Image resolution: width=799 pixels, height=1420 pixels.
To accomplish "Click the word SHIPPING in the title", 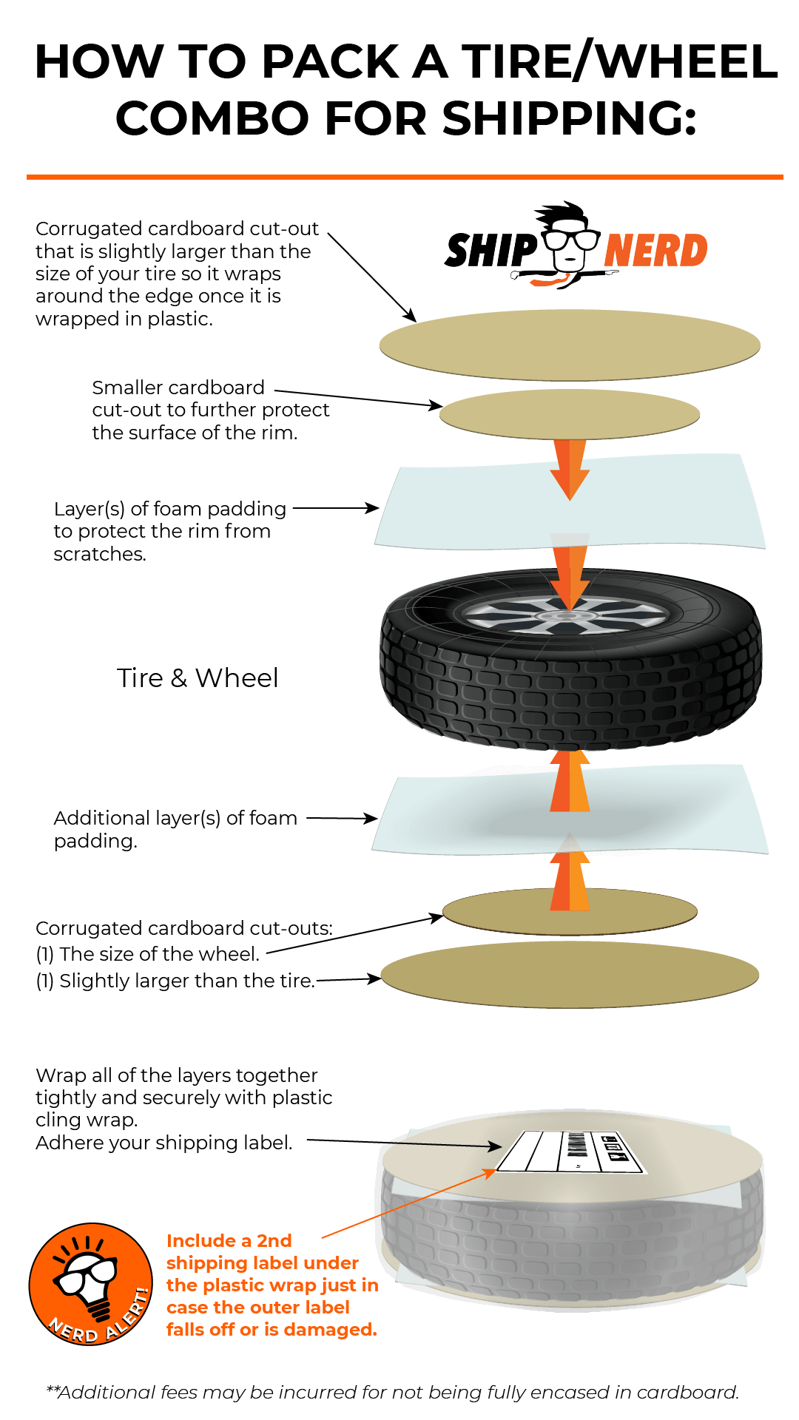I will click(570, 118).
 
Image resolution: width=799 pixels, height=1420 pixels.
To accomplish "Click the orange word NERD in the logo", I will click(655, 250).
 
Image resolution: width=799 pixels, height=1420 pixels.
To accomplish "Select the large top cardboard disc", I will click(570, 345).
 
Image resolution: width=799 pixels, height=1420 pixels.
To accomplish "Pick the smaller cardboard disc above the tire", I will click(570, 413).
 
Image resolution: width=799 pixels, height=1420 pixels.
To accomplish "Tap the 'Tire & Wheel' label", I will click(198, 678).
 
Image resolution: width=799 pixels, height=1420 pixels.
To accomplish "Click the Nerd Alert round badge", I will click(91, 1284).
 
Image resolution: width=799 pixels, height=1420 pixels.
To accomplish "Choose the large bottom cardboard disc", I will click(570, 975).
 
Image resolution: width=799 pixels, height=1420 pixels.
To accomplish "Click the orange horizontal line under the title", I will click(405, 177).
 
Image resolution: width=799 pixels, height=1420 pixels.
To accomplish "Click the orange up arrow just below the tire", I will click(570, 781).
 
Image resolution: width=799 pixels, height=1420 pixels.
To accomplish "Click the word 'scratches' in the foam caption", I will click(99, 554).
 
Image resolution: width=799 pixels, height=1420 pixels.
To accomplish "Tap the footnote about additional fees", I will click(392, 1393).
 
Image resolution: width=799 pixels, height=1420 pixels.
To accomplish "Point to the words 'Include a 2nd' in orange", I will click(229, 1240).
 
